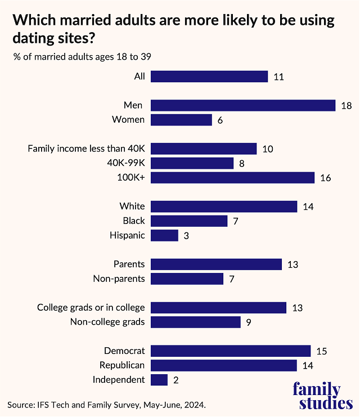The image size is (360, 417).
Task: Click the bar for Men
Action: pyautogui.click(x=243, y=105)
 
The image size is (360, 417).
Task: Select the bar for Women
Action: pyautogui.click(x=181, y=120)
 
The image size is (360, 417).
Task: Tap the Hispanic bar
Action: pyautogui.click(x=164, y=235)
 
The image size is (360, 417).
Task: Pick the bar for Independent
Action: pyautogui.click(x=159, y=380)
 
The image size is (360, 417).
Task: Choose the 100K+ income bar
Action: pyautogui.click(x=232, y=178)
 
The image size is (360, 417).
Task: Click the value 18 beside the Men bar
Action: pyautogui.click(x=346, y=105)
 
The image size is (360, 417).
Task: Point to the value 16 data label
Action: pyautogui.click(x=325, y=178)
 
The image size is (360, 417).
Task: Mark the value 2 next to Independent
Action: pyautogui.click(x=176, y=380)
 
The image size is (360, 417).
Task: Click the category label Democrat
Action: pyautogui.click(x=124, y=351)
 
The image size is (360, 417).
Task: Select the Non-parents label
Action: pyautogui.click(x=119, y=279)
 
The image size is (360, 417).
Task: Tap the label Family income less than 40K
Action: pyautogui.click(x=86, y=149)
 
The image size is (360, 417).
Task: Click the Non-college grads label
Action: pyautogui.click(x=107, y=322)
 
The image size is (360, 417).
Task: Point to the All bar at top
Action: pyautogui.click(x=209, y=77)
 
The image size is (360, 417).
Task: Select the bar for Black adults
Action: pyautogui.click(x=189, y=221)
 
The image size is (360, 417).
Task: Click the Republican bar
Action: pyautogui.click(x=224, y=365)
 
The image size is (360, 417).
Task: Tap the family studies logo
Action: pyautogui.click(x=323, y=396)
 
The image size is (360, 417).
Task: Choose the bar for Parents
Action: pyautogui.click(x=216, y=264)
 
